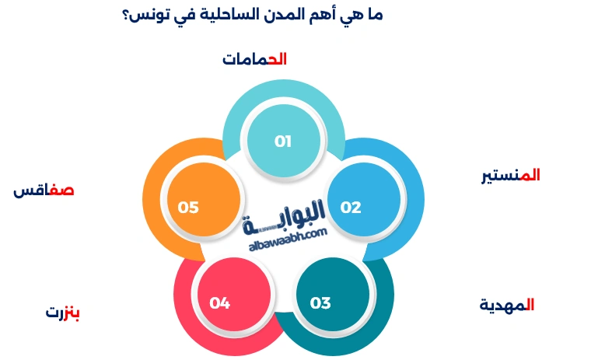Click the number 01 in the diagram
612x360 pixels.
click(x=282, y=142)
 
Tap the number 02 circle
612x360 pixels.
click(x=351, y=208)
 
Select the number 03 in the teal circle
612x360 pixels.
click(x=320, y=303)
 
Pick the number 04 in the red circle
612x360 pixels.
click(x=219, y=303)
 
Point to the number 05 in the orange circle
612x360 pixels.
click(x=188, y=208)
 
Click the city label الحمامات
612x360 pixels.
click(x=255, y=60)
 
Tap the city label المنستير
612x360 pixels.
click(x=510, y=176)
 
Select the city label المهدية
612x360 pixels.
click(x=506, y=305)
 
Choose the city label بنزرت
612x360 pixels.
click(x=63, y=313)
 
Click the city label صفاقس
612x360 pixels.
click(x=44, y=190)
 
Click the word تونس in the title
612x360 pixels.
click(x=150, y=16)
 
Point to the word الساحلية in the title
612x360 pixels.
click(x=226, y=16)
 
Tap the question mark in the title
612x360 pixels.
click(x=125, y=16)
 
